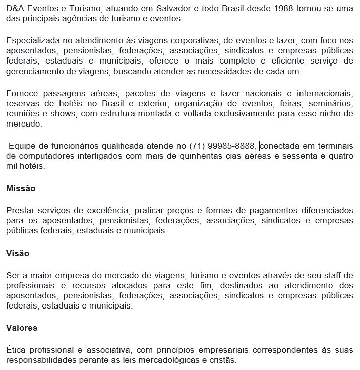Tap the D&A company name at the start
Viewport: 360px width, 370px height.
[x=16, y=9]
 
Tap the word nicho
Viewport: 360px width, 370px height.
[x=329, y=114]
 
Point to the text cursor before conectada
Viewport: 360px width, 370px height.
[x=260, y=146]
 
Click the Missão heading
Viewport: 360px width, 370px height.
[x=21, y=188]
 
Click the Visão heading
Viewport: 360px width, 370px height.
[x=17, y=253]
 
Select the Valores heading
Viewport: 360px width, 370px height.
[x=22, y=328]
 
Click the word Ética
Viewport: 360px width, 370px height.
[x=16, y=350]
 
